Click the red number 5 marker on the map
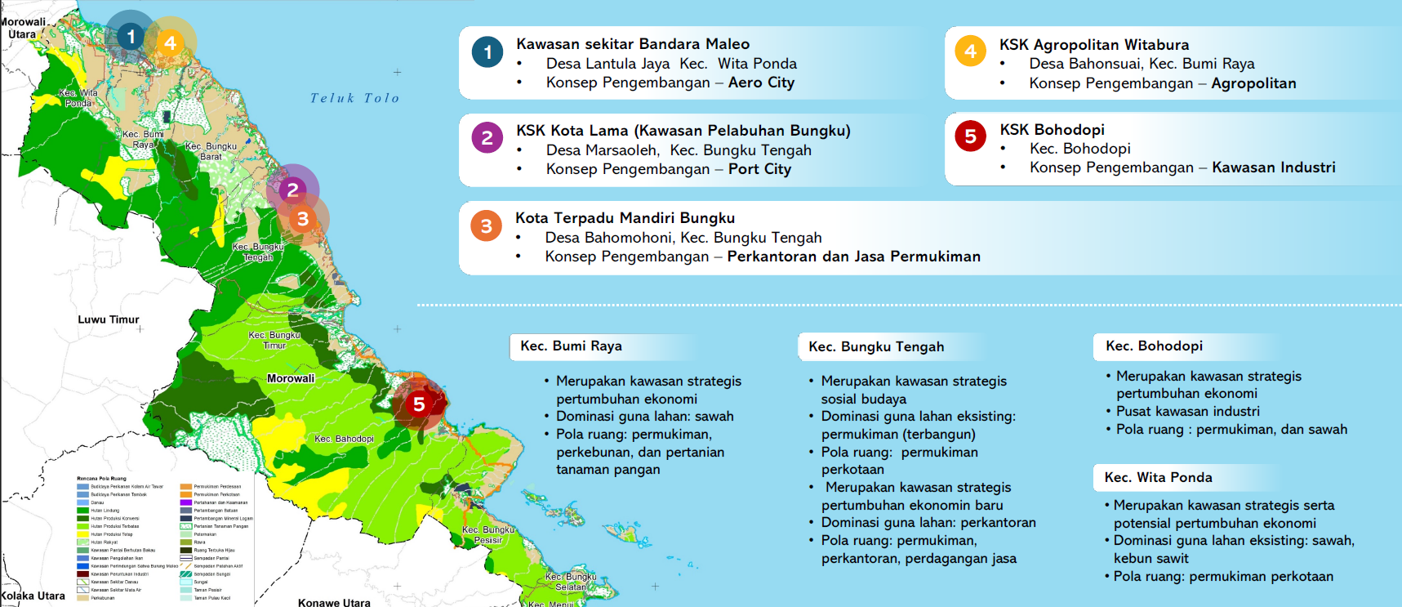[419, 404]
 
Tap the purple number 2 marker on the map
[292, 190]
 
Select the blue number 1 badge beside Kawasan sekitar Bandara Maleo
[487, 53]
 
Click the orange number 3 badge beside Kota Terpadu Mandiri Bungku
[486, 226]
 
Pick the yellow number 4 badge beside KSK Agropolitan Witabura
[970, 51]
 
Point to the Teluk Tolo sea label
[354, 98]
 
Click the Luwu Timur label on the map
[109, 319]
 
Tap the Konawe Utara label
[334, 602]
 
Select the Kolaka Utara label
[33, 596]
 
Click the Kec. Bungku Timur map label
[274, 340]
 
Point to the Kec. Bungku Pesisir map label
[488, 534]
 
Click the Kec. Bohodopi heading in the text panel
[1154, 346]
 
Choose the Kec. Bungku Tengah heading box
[876, 346]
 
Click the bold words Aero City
[761, 83]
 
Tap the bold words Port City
[759, 169]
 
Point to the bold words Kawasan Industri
[1273, 167]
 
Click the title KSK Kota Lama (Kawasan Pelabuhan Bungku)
[683, 131]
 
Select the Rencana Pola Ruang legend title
[101, 479]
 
